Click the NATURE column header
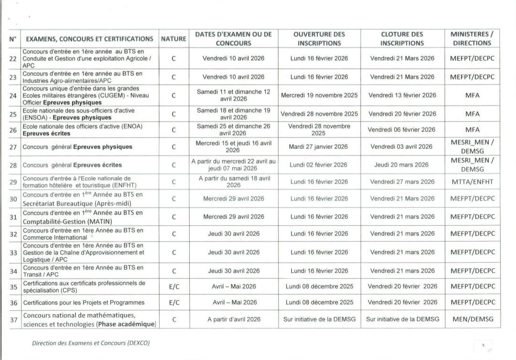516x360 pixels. tap(173, 39)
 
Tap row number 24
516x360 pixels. tap(13, 95)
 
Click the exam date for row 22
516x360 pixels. tap(233, 58)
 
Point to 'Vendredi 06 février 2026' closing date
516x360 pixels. tap(402, 129)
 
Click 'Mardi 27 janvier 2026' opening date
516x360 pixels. tap(319, 147)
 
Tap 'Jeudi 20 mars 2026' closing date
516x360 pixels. tap(402, 165)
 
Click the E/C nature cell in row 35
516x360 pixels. tap(174, 286)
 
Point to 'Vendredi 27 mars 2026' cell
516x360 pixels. tap(402, 182)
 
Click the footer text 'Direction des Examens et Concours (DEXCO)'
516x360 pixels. tap(94, 343)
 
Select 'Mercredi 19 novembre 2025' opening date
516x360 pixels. tap(319, 95)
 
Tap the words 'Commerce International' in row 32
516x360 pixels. tap(48, 237)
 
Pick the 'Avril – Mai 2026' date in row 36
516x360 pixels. tap(234, 302)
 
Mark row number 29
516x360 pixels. tap(13, 182)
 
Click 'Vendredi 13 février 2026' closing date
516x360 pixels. tap(402, 95)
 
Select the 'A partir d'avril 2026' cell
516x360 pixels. tap(234, 319)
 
